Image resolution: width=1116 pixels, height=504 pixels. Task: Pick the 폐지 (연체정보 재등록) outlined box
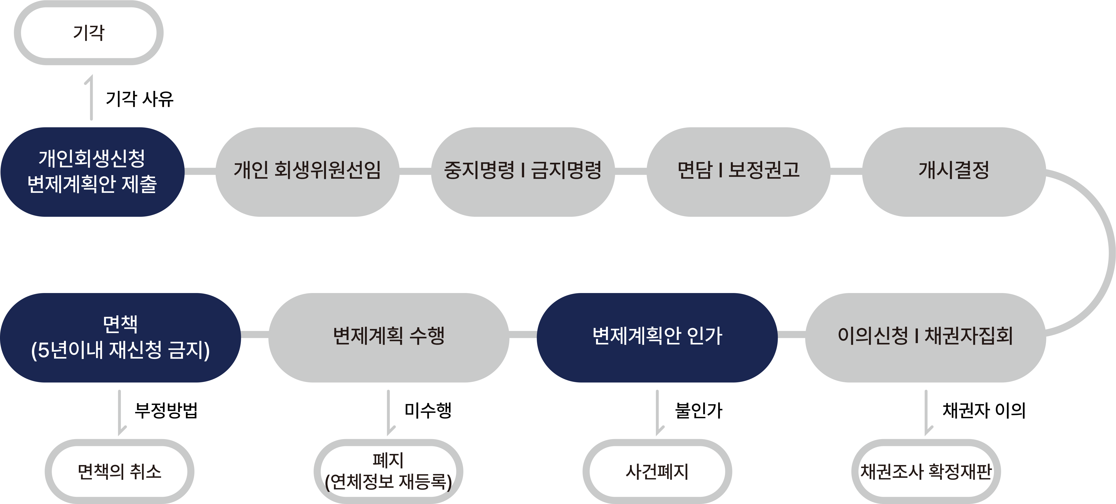click(388, 471)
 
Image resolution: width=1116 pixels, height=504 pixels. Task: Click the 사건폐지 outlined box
click(657, 471)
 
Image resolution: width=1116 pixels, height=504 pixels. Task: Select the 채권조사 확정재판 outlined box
click(926, 471)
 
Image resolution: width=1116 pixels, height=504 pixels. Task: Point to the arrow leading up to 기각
click(91, 97)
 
